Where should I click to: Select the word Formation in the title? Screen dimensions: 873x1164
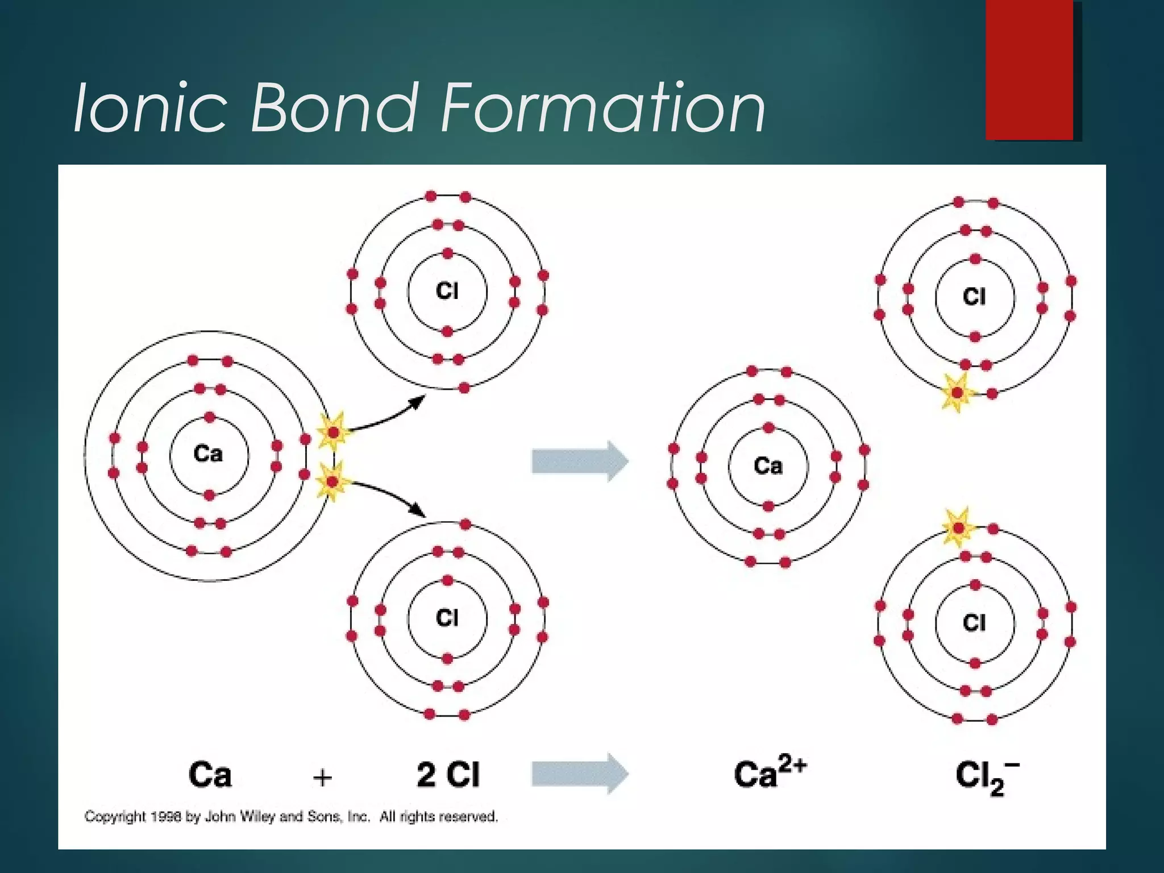point(602,107)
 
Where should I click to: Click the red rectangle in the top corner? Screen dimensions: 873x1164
point(1029,69)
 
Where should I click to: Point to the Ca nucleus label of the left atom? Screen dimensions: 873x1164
point(208,454)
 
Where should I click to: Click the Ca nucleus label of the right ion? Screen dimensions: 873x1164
point(768,465)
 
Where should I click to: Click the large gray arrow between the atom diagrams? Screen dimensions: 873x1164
point(579,461)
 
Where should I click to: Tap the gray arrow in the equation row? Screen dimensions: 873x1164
point(579,773)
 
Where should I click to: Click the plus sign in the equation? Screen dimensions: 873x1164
point(322,776)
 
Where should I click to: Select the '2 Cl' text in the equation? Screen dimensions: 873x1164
point(448,774)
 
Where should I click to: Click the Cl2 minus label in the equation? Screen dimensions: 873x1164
point(987,776)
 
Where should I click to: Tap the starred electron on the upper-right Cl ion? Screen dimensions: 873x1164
point(958,393)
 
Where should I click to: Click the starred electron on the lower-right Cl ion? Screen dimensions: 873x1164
point(958,529)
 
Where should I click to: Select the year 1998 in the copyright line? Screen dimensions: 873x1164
point(167,817)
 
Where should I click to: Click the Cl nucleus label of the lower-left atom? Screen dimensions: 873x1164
point(447,618)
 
